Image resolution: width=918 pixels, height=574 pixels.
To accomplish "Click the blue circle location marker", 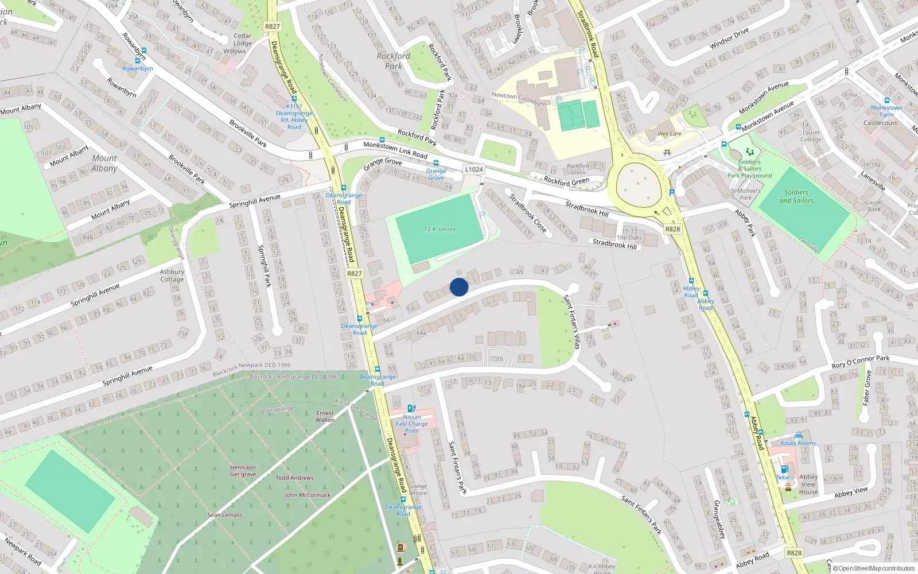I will pyautogui.click(x=459, y=287).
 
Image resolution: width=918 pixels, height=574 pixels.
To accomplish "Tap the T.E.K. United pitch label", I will pyautogui.click(x=439, y=230).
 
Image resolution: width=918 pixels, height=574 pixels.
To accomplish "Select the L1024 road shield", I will pyautogui.click(x=474, y=169).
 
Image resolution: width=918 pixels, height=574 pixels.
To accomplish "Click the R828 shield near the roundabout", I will pyautogui.click(x=672, y=229).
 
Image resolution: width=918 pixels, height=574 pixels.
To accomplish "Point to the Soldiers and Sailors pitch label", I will pyautogui.click(x=796, y=196).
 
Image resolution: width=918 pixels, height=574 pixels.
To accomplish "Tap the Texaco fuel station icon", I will pyautogui.click(x=784, y=469).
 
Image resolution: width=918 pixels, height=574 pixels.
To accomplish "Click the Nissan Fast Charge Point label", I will pyautogui.click(x=412, y=424).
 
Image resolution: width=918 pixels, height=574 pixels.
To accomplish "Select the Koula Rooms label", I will pyautogui.click(x=798, y=443).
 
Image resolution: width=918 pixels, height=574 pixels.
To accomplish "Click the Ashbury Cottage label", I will pyautogui.click(x=172, y=276).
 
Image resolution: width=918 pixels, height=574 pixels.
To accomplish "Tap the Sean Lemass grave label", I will pyautogui.click(x=225, y=515).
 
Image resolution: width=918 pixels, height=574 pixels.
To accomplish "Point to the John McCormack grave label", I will pyautogui.click(x=308, y=495).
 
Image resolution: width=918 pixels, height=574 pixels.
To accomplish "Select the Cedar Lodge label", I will pyautogui.click(x=242, y=40).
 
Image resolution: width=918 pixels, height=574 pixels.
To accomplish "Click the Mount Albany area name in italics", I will pyautogui.click(x=104, y=163).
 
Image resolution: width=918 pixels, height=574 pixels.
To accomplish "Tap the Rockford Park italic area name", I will pyautogui.click(x=394, y=61).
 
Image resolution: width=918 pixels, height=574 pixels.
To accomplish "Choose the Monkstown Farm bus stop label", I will pyautogui.click(x=886, y=111).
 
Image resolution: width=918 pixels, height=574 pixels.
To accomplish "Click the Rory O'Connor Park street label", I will pyautogui.click(x=861, y=362).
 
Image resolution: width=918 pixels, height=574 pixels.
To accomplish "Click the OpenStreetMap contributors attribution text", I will pyautogui.click(x=874, y=569).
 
